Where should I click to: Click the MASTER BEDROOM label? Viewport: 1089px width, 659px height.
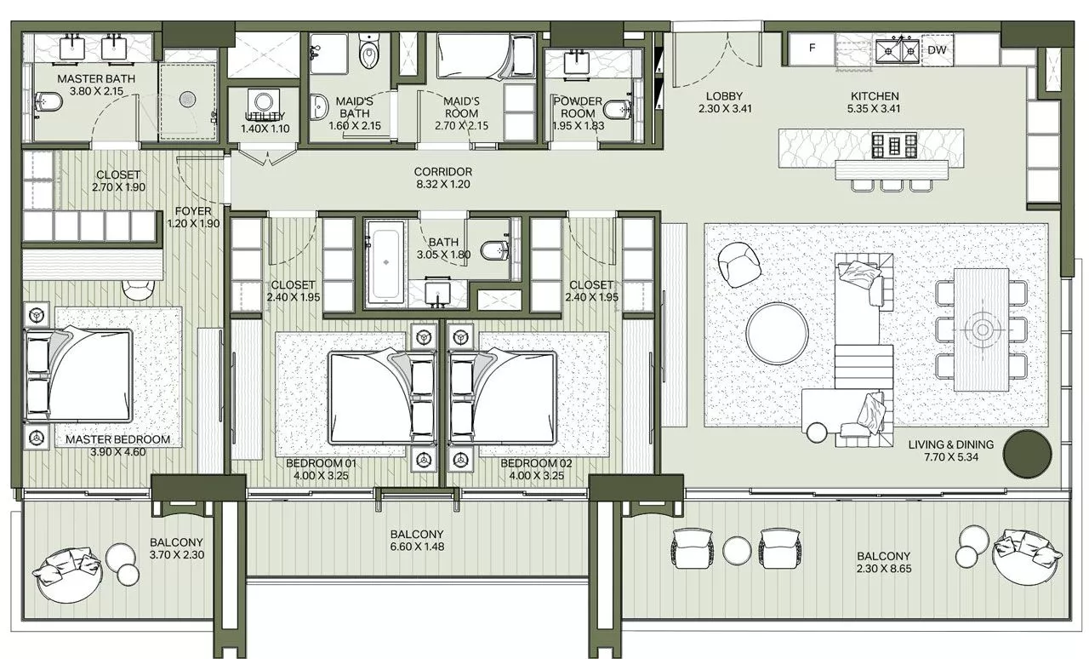coord(118,440)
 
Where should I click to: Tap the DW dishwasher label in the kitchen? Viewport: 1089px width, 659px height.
coord(937,50)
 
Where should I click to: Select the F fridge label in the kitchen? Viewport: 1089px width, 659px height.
coord(812,49)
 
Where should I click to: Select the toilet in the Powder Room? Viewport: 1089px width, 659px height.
coord(618,108)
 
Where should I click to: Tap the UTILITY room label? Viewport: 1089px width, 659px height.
coord(265,117)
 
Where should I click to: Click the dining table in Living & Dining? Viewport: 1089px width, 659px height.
coord(981,329)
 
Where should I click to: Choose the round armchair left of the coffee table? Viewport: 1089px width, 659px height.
coord(740,265)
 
